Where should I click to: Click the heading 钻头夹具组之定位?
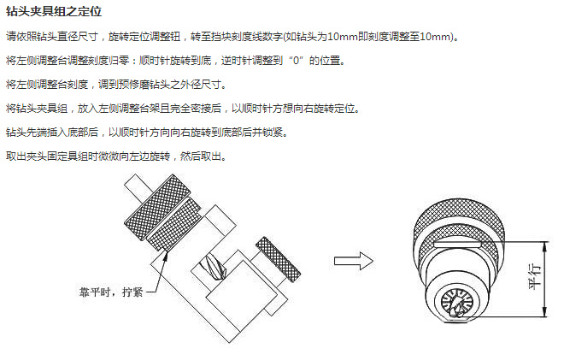point(54,11)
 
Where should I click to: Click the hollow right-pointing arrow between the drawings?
point(354,261)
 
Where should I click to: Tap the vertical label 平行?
point(535,276)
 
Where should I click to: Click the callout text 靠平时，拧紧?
point(111,292)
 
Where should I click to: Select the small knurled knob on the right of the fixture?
point(278,259)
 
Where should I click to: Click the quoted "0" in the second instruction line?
point(297,61)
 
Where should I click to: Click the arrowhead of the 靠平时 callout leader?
point(166,256)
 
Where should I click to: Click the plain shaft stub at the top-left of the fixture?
point(137,188)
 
